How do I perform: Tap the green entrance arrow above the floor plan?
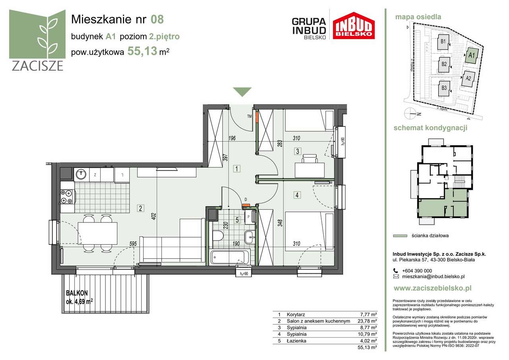pyautogui.click(x=242, y=92)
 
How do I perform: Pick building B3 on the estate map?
pyautogui.click(x=444, y=88)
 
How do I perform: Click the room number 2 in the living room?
pyautogui.click(x=140, y=207)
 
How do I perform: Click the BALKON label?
pyautogui.click(x=77, y=293)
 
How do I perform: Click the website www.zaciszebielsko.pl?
pyautogui.click(x=432, y=288)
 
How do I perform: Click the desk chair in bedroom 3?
pyautogui.click(x=309, y=159)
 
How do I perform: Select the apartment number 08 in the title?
pyautogui.click(x=157, y=19)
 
